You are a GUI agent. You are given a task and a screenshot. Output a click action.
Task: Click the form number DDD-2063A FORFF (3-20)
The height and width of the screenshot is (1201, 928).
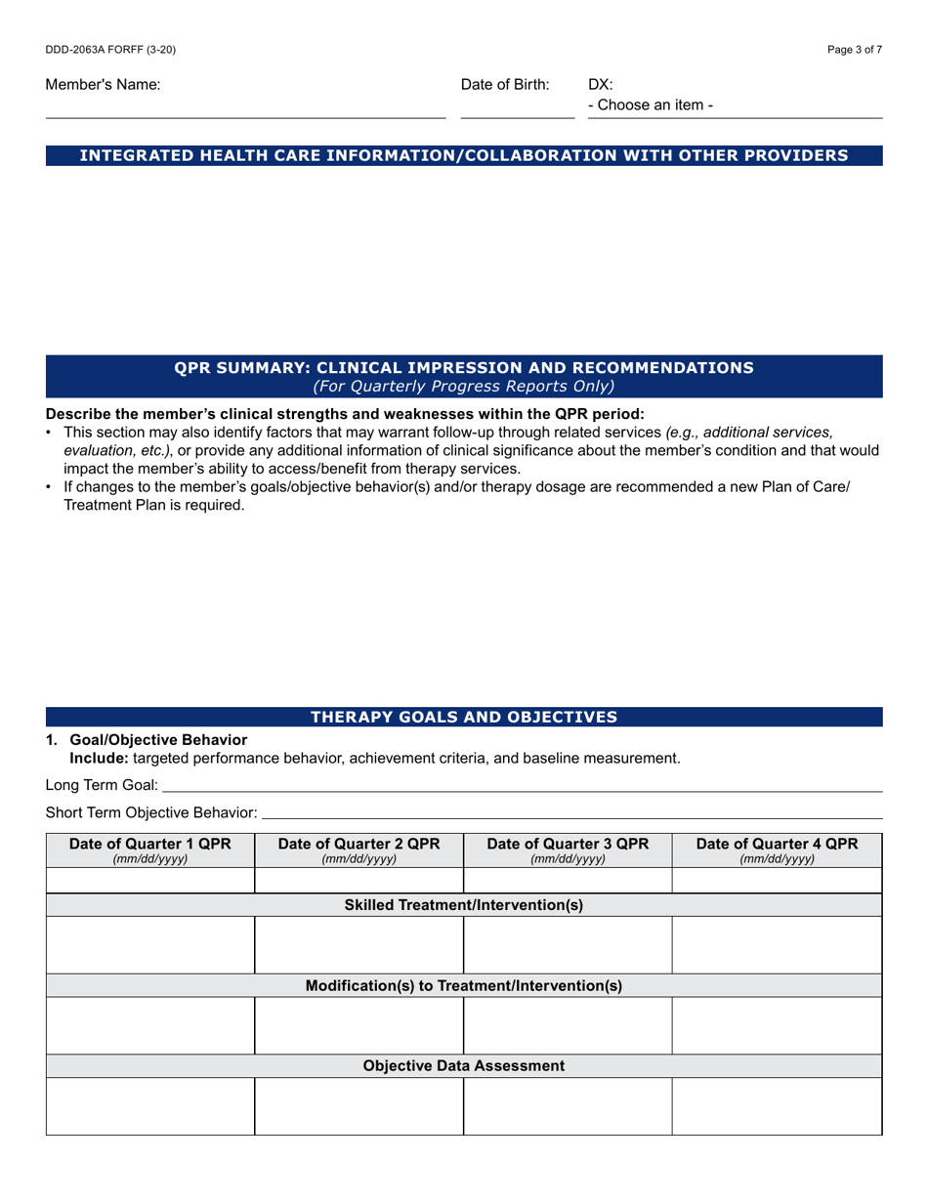point(110,50)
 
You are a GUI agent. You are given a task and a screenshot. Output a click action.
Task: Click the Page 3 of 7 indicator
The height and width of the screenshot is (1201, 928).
point(854,50)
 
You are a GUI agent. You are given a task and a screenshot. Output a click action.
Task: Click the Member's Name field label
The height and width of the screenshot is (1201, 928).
point(103,85)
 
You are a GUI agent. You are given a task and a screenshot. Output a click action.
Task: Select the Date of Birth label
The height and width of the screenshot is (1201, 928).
point(505,85)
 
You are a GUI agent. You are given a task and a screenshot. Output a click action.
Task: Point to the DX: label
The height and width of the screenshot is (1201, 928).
point(600,85)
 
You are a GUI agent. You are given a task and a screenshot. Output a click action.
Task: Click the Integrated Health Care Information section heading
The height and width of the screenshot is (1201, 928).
point(464,155)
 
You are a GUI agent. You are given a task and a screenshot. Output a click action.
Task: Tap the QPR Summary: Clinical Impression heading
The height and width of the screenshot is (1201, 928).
point(464,367)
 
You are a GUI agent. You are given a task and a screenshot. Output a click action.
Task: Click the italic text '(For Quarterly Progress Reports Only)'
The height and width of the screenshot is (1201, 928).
point(464,386)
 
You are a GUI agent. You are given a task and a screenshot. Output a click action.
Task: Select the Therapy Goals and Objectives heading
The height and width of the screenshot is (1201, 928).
point(464,717)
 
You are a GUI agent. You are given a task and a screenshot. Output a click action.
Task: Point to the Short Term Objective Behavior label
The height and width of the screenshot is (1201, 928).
point(151,812)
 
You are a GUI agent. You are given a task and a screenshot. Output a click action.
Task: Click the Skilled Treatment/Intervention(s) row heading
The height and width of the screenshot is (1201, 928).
point(464,905)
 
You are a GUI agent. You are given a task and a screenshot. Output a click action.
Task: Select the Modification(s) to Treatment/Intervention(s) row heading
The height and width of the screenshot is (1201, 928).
point(464,985)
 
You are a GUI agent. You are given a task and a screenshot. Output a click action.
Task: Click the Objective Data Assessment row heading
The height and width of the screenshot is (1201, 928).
point(464,1065)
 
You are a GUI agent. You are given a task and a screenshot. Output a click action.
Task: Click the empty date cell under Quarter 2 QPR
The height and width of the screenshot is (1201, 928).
point(359,881)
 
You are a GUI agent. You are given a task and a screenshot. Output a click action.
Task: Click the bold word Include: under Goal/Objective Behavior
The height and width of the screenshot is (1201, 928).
point(98,758)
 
